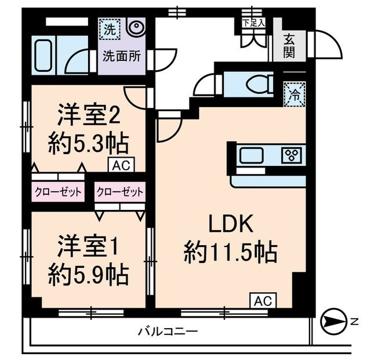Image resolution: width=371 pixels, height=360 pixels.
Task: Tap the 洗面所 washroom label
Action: tap(120, 57)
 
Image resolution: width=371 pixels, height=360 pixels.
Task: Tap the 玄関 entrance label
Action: tap(290, 46)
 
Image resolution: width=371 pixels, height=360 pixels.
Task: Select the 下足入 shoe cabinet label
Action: tap(253, 23)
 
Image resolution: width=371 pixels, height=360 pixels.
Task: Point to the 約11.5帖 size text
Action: tap(230, 252)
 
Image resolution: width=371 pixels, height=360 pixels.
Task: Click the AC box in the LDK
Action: tap(263, 301)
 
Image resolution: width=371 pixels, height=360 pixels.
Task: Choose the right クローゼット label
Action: tap(119, 191)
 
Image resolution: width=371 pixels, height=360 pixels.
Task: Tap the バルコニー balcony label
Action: tap(168, 332)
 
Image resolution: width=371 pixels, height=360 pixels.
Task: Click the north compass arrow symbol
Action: tap(331, 321)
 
